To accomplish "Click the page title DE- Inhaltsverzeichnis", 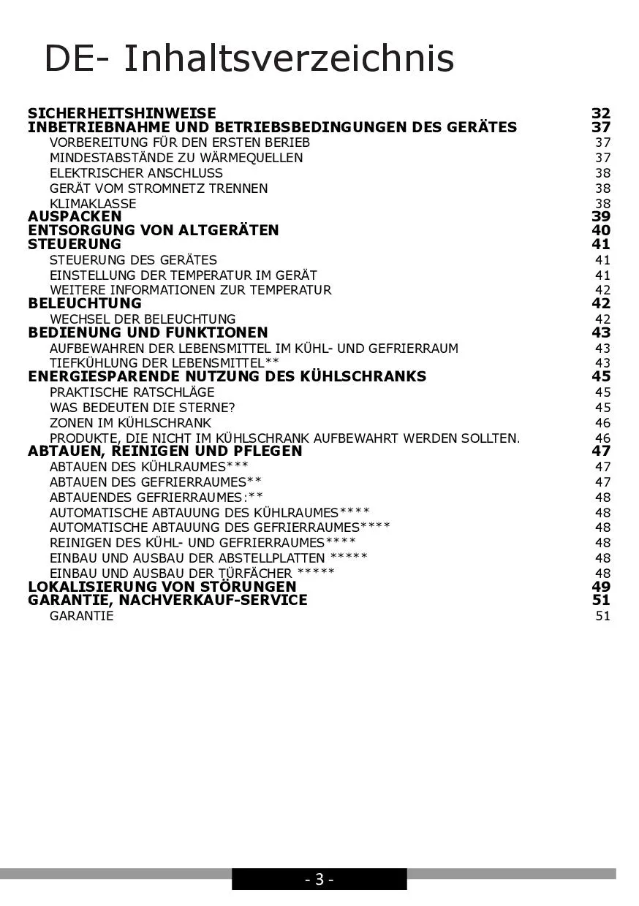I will tap(249, 58).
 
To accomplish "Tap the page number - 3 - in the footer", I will tap(319, 880).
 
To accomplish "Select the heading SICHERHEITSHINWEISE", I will tap(122, 113).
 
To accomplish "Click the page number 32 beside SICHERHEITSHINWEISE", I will tap(601, 113).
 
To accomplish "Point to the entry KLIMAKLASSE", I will tap(93, 204).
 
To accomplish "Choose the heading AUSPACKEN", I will tap(75, 216).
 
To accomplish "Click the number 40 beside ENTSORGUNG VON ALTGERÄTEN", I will tap(601, 230).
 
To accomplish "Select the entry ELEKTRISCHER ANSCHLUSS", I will tap(136, 173).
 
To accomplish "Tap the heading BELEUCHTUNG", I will tap(85, 303).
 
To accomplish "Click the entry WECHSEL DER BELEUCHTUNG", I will tap(143, 319).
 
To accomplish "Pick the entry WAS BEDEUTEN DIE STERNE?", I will tap(143, 408).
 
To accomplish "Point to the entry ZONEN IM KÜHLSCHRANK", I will tap(130, 423).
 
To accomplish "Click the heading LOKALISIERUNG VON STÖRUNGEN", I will tap(162, 587).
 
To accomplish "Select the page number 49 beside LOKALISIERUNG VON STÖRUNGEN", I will tap(601, 587).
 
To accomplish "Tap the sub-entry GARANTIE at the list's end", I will tap(82, 616).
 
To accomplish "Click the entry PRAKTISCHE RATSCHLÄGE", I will tap(132, 392).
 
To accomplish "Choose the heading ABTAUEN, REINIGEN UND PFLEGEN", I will tap(165, 451).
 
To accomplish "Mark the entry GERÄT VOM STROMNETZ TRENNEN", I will tap(159, 189).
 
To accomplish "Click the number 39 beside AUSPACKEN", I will tap(601, 216).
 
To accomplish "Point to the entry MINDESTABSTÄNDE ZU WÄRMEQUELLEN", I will tap(176, 158).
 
